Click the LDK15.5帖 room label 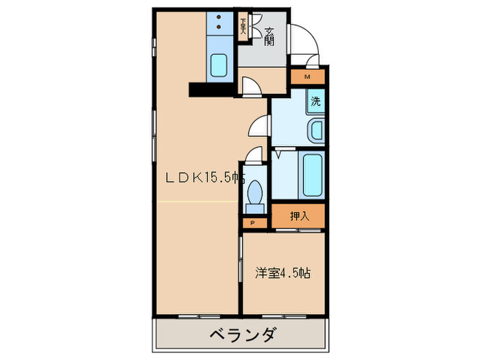[204, 178]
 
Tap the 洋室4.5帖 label [283, 273]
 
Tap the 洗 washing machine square [315, 102]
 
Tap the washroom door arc [259, 126]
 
